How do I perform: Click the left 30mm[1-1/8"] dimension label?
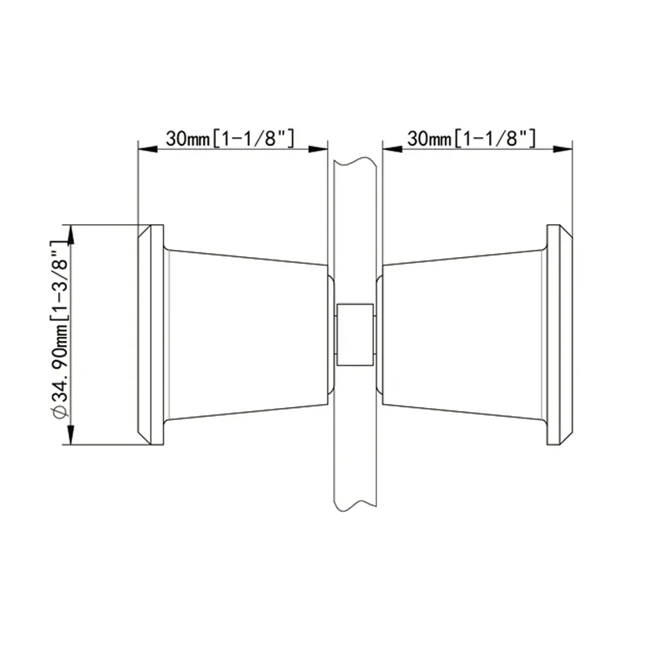(230, 138)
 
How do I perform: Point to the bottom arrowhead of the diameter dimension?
(71, 437)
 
